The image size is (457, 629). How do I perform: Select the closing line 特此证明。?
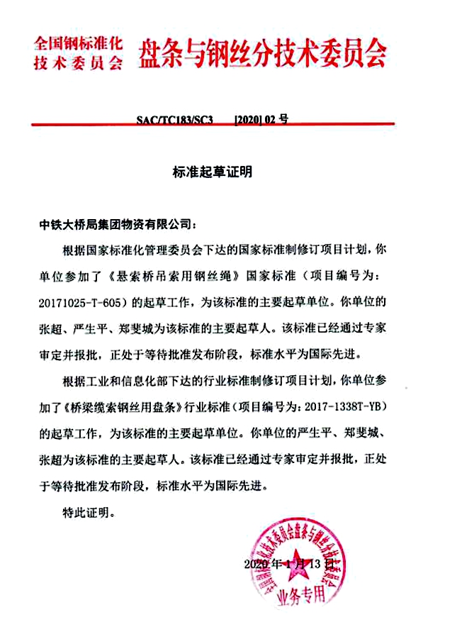click(88, 510)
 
